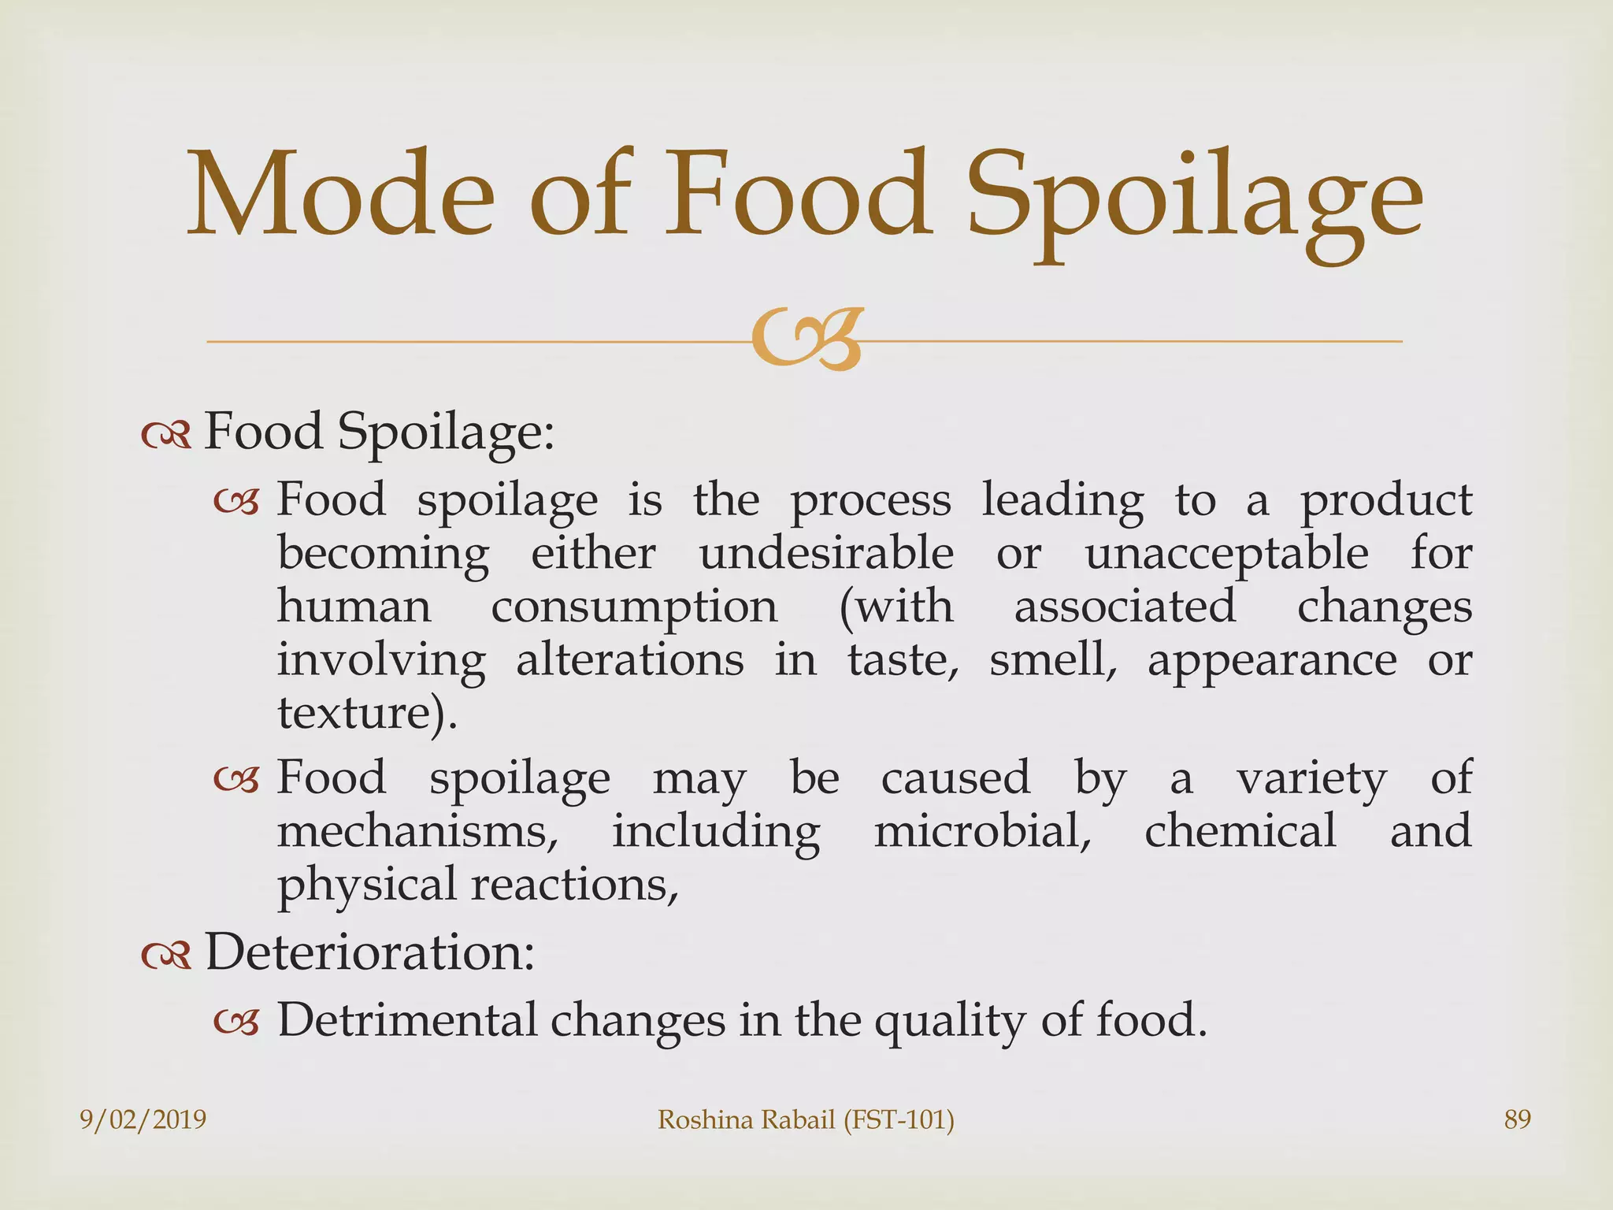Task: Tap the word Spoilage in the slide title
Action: point(1194,201)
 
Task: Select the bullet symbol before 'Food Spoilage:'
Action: point(166,436)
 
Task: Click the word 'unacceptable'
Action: point(1226,555)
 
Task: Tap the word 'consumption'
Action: point(634,608)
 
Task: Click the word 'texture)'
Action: point(365,713)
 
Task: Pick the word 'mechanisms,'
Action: point(417,832)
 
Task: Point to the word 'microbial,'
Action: point(982,832)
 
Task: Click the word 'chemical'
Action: point(1240,830)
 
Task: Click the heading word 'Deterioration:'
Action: point(370,952)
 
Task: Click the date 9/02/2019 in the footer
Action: point(143,1119)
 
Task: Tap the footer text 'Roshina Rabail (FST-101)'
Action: point(806,1119)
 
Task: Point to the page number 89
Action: point(1517,1119)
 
